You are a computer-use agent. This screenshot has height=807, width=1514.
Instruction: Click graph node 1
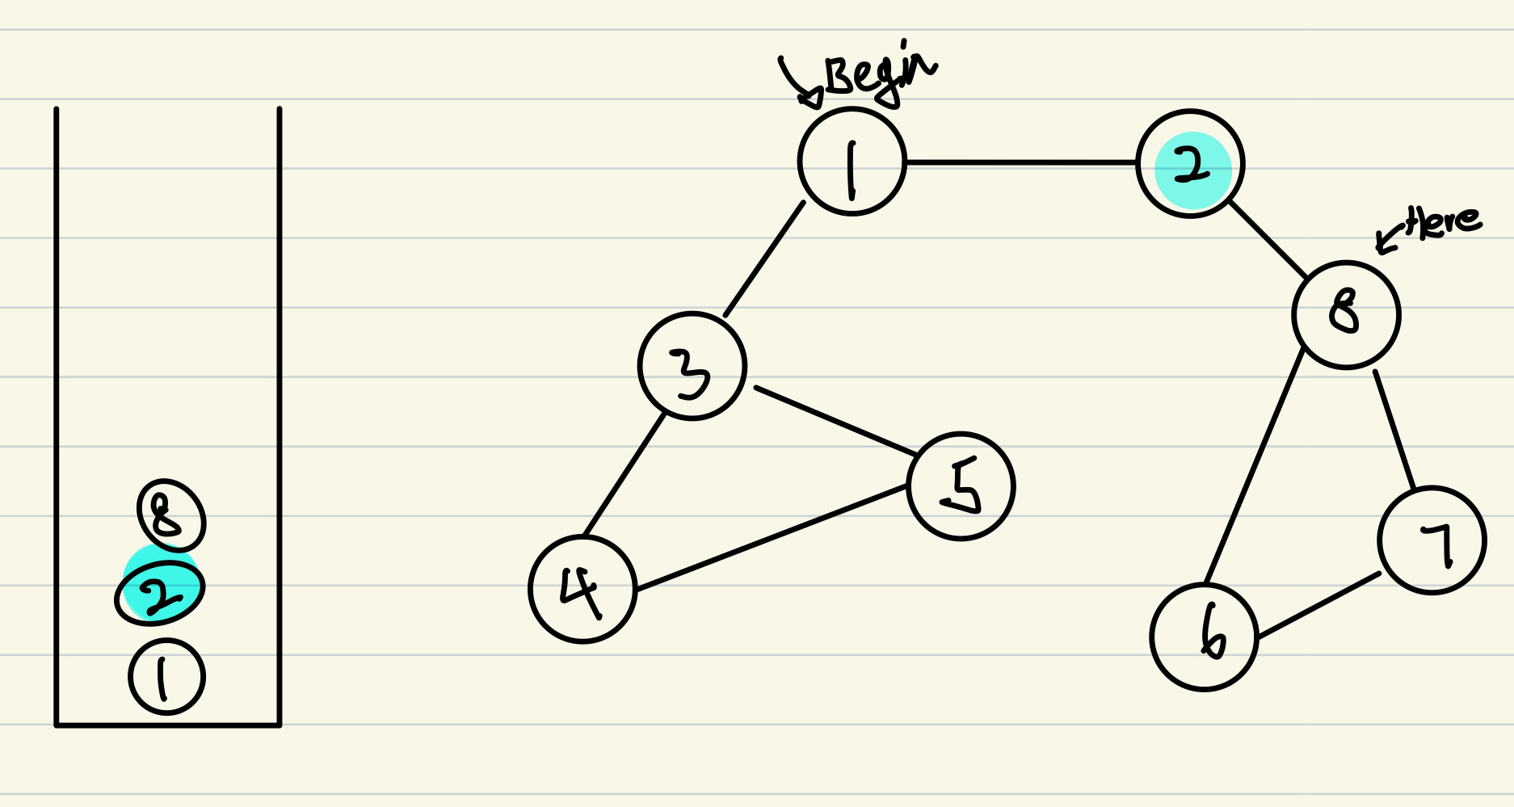click(x=852, y=162)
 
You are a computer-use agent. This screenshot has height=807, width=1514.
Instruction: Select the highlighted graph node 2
click(x=1190, y=165)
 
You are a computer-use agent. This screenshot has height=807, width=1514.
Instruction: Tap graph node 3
click(x=692, y=366)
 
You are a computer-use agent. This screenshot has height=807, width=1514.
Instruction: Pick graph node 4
click(x=582, y=589)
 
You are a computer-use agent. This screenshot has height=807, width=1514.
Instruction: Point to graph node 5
click(x=961, y=486)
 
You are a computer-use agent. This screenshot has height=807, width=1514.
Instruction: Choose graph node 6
click(x=1204, y=637)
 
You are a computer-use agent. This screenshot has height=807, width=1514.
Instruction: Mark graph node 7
click(x=1432, y=540)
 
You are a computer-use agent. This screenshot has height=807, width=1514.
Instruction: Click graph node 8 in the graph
click(x=1346, y=314)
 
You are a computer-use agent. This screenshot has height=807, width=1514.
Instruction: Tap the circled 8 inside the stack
click(x=170, y=515)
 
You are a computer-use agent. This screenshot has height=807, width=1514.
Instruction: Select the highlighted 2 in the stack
click(x=159, y=592)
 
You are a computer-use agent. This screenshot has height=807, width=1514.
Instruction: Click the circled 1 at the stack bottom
click(x=166, y=677)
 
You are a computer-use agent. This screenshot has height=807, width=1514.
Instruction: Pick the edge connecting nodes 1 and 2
click(x=1021, y=162)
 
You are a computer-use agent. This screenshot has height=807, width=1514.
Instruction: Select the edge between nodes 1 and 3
click(x=764, y=259)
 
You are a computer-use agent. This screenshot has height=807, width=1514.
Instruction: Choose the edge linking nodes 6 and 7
click(x=1318, y=606)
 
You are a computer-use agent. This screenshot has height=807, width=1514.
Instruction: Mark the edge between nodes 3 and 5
click(x=832, y=420)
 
